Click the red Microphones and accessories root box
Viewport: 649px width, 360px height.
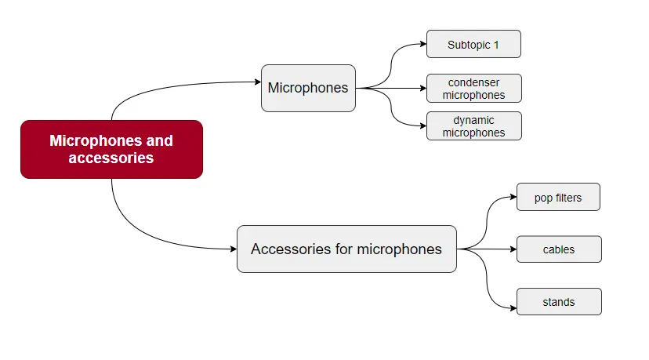pyautogui.click(x=111, y=149)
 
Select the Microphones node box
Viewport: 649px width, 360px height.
pyautogui.click(x=308, y=88)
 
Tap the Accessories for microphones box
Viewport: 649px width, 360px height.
pyautogui.click(x=346, y=249)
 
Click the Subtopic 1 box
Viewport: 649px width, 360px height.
pyautogui.click(x=473, y=45)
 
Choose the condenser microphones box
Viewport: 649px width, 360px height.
pyautogui.click(x=473, y=89)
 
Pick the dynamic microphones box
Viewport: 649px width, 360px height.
pyautogui.click(x=473, y=126)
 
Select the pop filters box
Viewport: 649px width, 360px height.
pyautogui.click(x=558, y=198)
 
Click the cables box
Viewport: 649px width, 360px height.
pyautogui.click(x=559, y=249)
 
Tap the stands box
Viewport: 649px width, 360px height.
pyautogui.click(x=559, y=302)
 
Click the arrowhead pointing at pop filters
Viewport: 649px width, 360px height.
pyautogui.click(x=513, y=198)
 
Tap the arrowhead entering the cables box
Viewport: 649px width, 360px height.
pyautogui.click(x=513, y=249)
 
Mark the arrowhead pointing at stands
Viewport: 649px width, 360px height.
pyautogui.click(x=513, y=302)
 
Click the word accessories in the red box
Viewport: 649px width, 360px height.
pyautogui.click(x=111, y=158)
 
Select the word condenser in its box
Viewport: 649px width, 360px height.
pyautogui.click(x=473, y=82)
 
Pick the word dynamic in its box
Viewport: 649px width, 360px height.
pyautogui.click(x=473, y=120)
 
